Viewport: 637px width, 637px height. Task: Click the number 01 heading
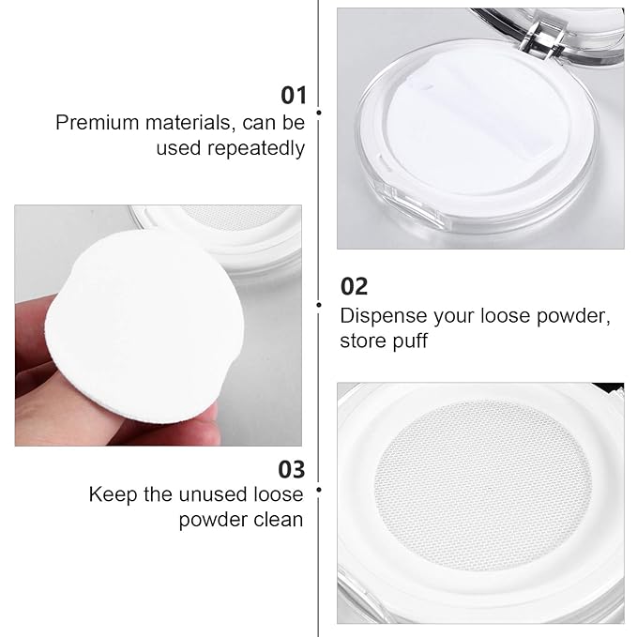(x=294, y=95)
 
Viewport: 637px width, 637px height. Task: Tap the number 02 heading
(x=354, y=286)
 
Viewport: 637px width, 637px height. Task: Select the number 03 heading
(x=292, y=468)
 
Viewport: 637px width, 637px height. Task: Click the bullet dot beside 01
(x=319, y=113)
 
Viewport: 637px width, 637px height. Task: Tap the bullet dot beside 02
(x=319, y=304)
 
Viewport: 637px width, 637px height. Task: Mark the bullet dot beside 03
(x=319, y=489)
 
